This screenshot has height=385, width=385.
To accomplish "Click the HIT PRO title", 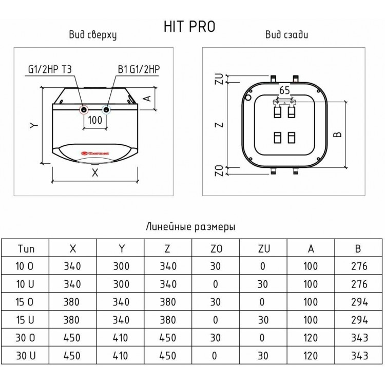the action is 189,27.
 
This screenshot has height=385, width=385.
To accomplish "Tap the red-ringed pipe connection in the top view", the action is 84,110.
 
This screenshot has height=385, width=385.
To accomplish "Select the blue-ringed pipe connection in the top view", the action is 106,109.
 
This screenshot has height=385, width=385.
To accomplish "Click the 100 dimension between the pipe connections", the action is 95,120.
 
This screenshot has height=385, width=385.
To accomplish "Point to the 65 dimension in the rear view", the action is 284,90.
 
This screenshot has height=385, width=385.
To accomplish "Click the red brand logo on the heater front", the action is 95,153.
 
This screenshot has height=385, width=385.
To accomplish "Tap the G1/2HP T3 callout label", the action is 50,69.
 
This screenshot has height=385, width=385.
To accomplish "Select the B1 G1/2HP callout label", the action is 139,69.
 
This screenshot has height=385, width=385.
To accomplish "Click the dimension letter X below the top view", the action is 95,172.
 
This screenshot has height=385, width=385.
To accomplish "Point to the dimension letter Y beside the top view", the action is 34,125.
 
